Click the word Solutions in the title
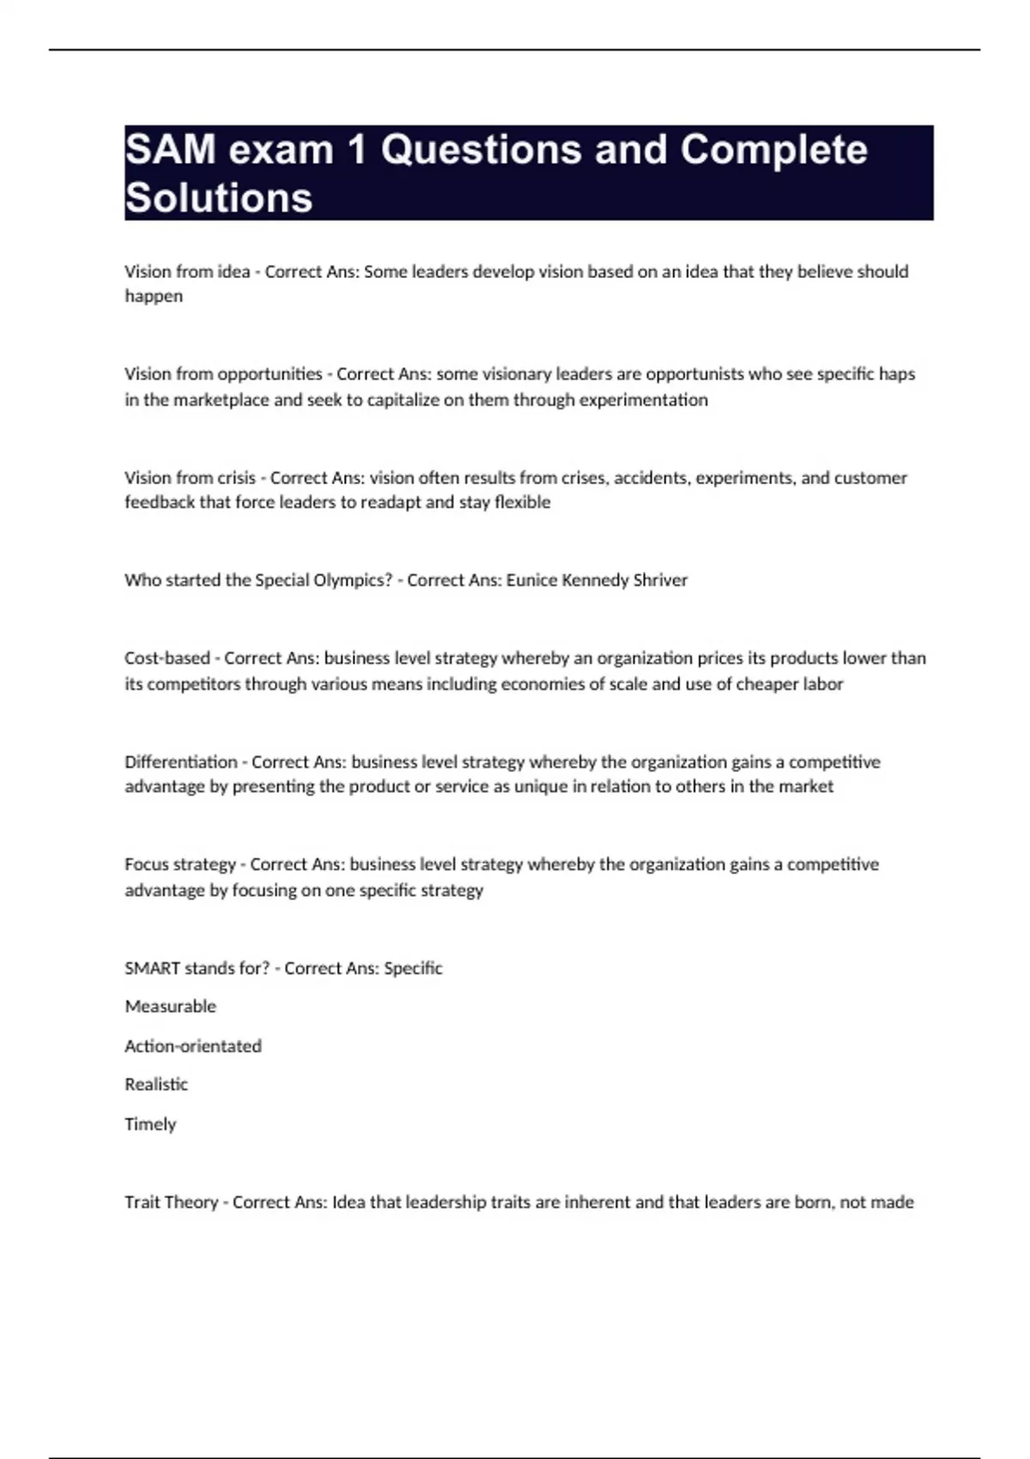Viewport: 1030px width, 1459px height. pyautogui.click(x=219, y=197)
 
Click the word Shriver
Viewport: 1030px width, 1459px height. pyautogui.click(x=660, y=580)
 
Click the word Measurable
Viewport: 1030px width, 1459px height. pyautogui.click(x=170, y=1006)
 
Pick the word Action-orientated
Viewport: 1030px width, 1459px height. pyautogui.click(x=193, y=1045)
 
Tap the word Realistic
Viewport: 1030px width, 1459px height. pyautogui.click(x=156, y=1084)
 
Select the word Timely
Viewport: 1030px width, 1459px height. pyautogui.click(x=150, y=1123)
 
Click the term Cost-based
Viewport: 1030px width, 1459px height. pyautogui.click(x=167, y=658)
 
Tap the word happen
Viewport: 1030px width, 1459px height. pyautogui.click(x=154, y=296)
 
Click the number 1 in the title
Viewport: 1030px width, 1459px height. pyautogui.click(x=357, y=149)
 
